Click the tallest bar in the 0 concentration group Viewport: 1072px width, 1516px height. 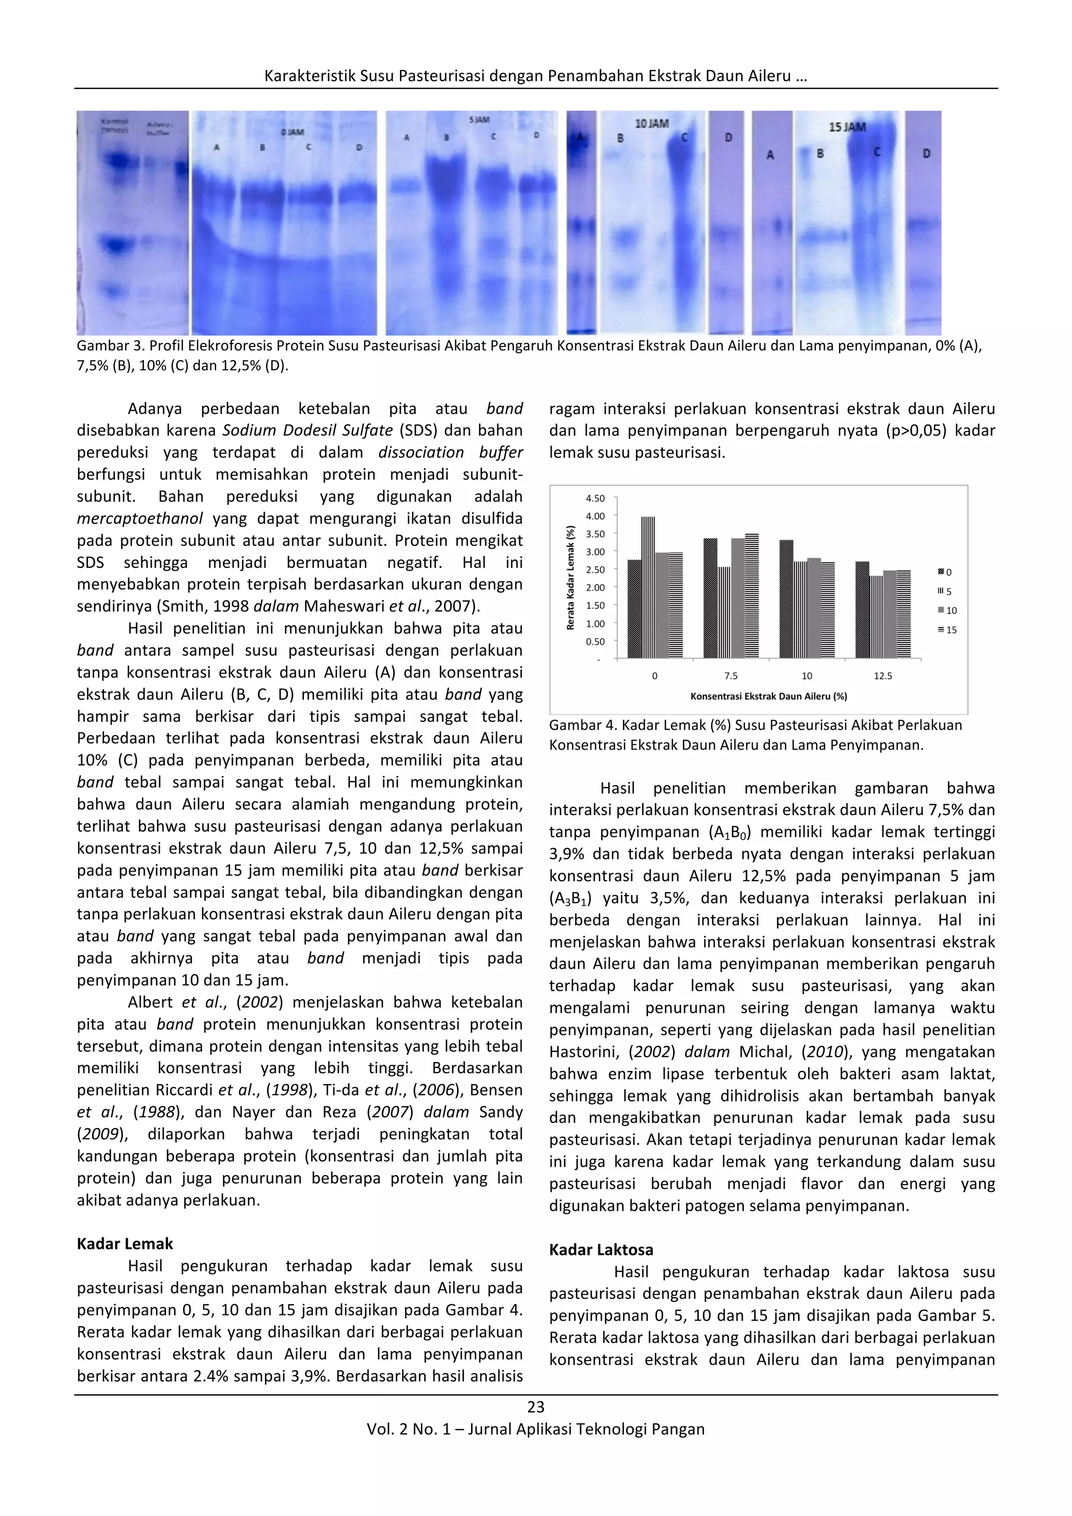click(647, 588)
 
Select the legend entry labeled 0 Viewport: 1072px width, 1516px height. click(945, 572)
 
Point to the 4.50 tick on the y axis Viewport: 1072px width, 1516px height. click(595, 498)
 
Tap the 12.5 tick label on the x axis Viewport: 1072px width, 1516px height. click(883, 676)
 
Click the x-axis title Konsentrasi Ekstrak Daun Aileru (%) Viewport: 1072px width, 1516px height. click(768, 696)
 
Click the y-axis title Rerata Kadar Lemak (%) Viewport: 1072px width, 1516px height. click(571, 578)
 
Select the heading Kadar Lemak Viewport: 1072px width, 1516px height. click(125, 1244)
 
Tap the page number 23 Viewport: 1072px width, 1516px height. click(535, 1407)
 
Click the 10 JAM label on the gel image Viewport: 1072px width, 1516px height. click(652, 124)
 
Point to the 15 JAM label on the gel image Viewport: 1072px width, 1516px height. click(847, 126)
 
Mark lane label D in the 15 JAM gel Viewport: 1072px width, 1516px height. click(926, 153)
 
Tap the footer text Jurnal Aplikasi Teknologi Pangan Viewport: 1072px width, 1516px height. click(586, 1430)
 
